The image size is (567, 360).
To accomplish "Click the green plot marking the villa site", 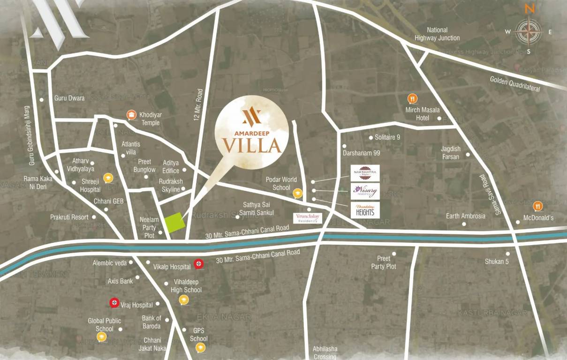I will click(173, 223).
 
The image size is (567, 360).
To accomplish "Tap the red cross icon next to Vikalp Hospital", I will click(199, 264).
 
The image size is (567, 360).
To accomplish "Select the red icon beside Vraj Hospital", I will click(113, 303).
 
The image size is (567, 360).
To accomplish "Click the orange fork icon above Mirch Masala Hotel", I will click(412, 99).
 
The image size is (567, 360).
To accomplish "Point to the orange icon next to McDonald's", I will click(538, 205).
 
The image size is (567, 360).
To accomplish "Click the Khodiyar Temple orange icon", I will click(132, 115).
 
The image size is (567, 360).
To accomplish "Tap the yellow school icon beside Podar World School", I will click(297, 193).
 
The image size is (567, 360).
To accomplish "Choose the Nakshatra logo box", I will click(365, 172).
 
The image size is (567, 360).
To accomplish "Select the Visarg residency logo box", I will click(365, 191).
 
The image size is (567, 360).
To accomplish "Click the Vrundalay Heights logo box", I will click(365, 210).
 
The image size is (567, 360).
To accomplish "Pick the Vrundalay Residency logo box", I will click(308, 217).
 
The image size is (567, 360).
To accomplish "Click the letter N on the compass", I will click(529, 9).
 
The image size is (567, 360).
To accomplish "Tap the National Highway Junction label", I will click(437, 34).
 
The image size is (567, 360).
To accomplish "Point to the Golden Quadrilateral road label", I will click(515, 83).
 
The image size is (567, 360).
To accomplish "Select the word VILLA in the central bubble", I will click(252, 146).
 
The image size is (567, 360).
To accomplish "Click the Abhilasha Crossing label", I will click(325, 353).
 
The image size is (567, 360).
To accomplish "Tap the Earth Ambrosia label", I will click(466, 216).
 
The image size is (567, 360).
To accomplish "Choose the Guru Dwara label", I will click(69, 98).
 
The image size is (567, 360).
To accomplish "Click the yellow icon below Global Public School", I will click(100, 337).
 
